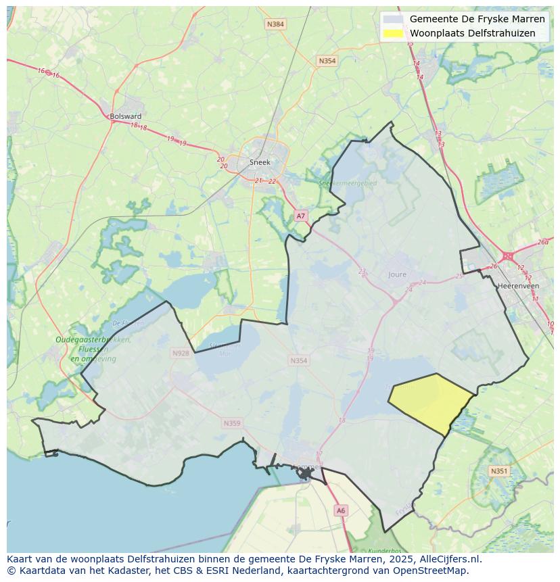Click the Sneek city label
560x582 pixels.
click(260, 162)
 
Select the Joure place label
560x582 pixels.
click(398, 274)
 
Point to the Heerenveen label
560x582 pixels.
click(517, 286)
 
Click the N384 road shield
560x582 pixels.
click(275, 24)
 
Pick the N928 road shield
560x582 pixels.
click(181, 353)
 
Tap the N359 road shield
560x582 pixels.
click(231, 423)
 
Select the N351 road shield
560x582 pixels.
click(498, 471)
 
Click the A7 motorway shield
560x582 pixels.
click(301, 216)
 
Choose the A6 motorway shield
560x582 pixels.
click(341, 511)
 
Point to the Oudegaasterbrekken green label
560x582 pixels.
click(93, 340)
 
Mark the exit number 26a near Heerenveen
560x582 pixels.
click(542, 242)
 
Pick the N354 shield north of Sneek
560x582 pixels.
click(327, 61)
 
